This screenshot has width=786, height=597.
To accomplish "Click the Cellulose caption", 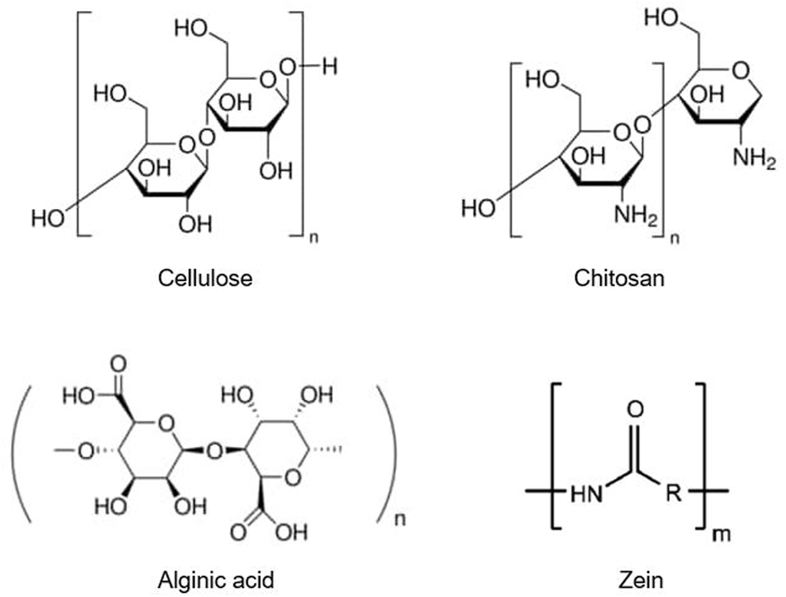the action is click(205, 278).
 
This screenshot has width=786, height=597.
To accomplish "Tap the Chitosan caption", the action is click(619, 278).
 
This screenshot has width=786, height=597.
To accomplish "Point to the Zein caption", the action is click(640, 580).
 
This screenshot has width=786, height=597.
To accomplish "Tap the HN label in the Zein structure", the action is click(586, 495).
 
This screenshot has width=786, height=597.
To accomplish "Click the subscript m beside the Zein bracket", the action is click(720, 533).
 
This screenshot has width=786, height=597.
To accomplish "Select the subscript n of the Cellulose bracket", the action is click(314, 238).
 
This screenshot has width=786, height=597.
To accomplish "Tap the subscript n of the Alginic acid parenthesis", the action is click(400, 519).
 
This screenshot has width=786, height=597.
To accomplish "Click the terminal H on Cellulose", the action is click(329, 66).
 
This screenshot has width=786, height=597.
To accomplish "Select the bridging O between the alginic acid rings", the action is click(215, 450).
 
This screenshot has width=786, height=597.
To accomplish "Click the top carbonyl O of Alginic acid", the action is click(119, 364).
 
